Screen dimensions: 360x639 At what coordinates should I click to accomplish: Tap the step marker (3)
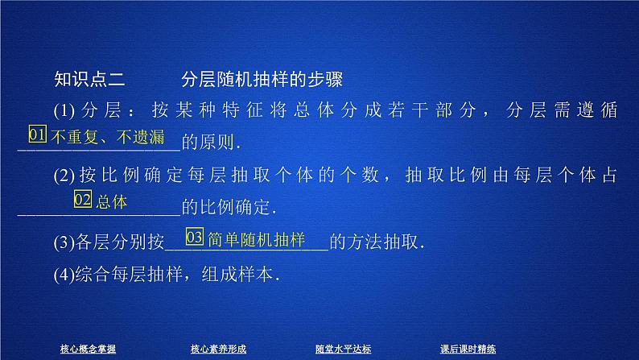pyautogui.click(x=64, y=241)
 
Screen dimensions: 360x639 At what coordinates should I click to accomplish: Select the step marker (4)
pyautogui.click(x=64, y=273)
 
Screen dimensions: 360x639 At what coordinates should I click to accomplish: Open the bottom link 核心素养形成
pyautogui.click(x=218, y=349)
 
